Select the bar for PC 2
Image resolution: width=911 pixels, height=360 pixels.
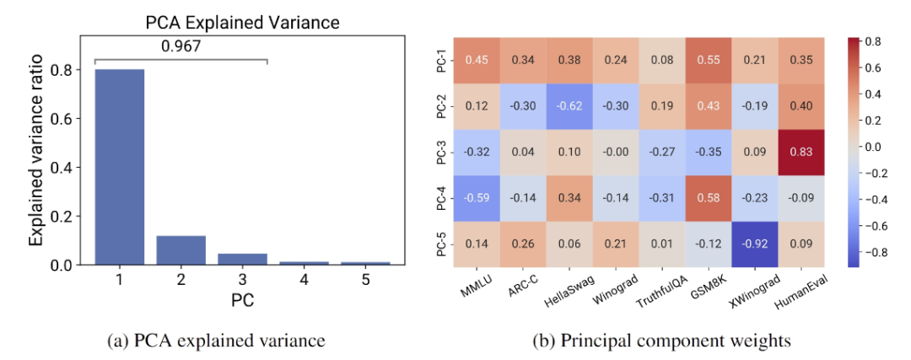pyautogui.click(x=181, y=250)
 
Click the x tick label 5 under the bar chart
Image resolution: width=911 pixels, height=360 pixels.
pyautogui.click(x=365, y=281)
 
